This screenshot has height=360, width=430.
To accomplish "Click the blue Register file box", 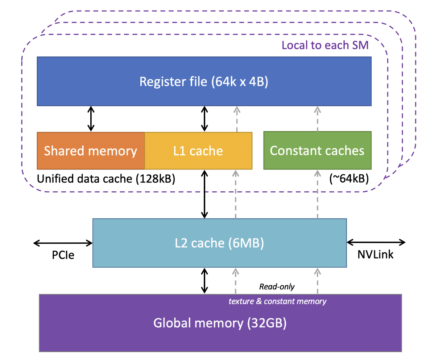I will pyautogui.click(x=204, y=81).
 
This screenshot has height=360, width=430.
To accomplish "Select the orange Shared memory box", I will pyautogui.click(x=91, y=151).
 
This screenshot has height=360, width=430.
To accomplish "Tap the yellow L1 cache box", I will pyautogui.click(x=198, y=151).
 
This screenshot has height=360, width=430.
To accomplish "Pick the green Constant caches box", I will pyautogui.click(x=317, y=151).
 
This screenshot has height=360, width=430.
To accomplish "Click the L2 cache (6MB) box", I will pyautogui.click(x=219, y=243).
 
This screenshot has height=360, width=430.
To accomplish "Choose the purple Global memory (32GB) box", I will pyautogui.click(x=220, y=323).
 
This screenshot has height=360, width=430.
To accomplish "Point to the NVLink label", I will pyautogui.click(x=375, y=255).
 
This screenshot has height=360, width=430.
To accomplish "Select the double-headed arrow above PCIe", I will pyautogui.click(x=63, y=243).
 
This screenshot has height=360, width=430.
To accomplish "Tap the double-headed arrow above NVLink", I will pyautogui.click(x=376, y=242).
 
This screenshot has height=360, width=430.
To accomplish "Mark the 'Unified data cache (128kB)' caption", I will pyautogui.click(x=106, y=179).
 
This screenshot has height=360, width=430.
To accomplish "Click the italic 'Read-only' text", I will pyautogui.click(x=277, y=286).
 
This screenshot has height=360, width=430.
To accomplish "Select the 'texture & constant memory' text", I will pyautogui.click(x=277, y=301).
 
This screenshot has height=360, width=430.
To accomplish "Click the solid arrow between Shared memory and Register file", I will pyautogui.click(x=91, y=119).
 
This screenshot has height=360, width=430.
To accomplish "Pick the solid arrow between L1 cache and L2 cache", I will pyautogui.click(x=205, y=194).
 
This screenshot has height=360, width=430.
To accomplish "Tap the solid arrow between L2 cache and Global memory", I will pyautogui.click(x=205, y=281).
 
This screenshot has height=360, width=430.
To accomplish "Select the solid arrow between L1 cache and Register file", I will pyautogui.click(x=205, y=119).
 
